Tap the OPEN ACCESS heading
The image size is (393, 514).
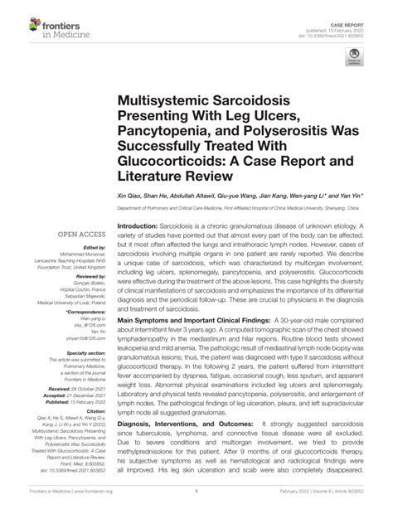pos(80,235)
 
